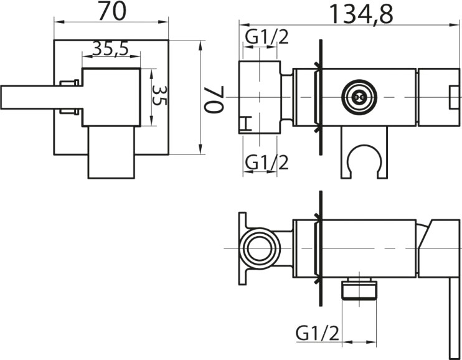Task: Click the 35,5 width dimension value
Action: click(x=111, y=49)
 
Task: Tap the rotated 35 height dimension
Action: click(x=159, y=95)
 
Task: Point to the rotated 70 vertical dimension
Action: click(x=214, y=99)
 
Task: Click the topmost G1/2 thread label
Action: click(x=267, y=37)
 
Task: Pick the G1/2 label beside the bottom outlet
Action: click(x=318, y=333)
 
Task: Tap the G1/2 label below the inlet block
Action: click(x=267, y=163)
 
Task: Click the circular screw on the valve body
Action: click(x=359, y=97)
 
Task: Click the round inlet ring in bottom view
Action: click(x=260, y=249)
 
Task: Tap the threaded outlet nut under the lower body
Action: click(x=359, y=290)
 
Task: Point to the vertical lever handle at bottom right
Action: click(x=455, y=318)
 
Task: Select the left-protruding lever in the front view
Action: click(x=41, y=97)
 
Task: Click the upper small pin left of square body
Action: click(x=69, y=83)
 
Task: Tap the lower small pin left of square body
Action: click(x=69, y=111)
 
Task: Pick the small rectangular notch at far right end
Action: click(x=454, y=97)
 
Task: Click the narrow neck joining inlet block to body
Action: click(x=286, y=97)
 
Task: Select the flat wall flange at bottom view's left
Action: click(x=242, y=249)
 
